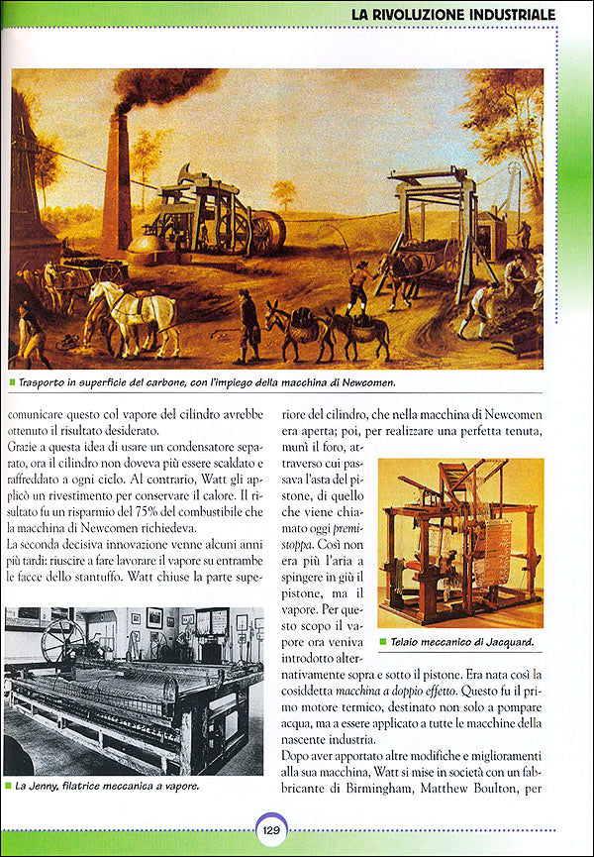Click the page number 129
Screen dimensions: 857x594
(271, 831)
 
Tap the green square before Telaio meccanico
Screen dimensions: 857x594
(384, 642)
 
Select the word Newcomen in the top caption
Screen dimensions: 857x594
(426, 381)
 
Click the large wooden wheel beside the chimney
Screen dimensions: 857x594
(266, 231)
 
